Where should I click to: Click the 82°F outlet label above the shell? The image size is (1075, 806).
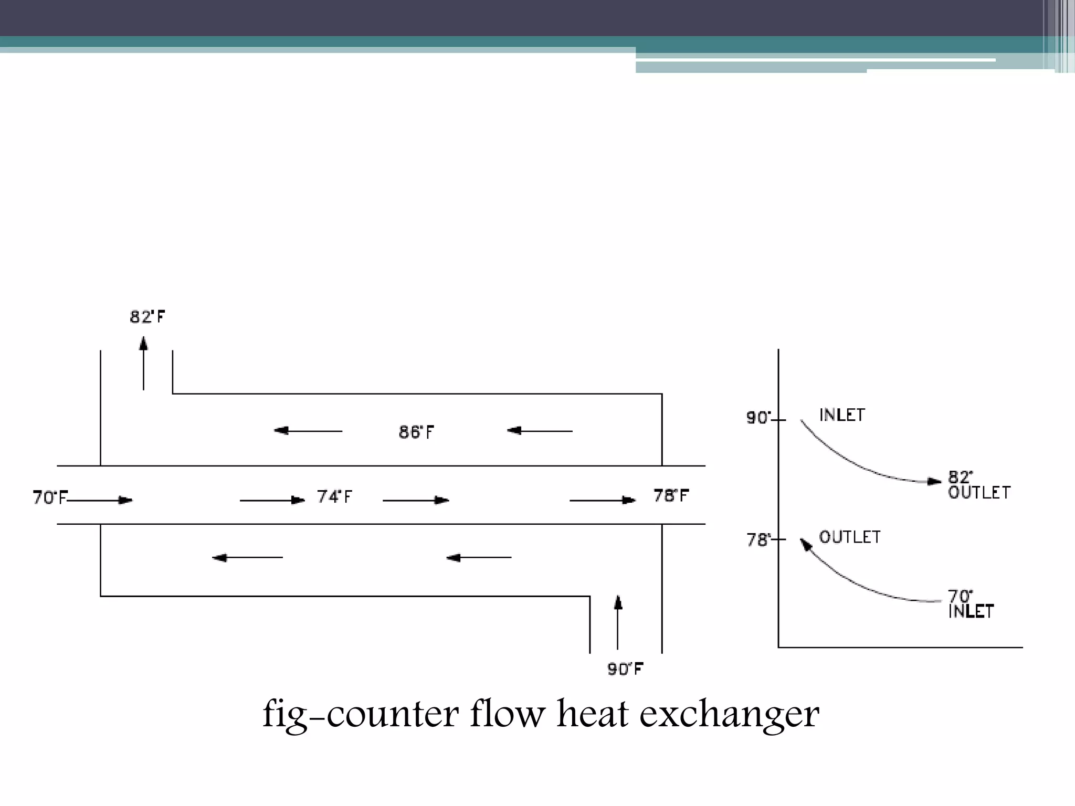[x=147, y=317]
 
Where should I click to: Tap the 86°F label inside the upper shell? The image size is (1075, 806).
[x=416, y=432]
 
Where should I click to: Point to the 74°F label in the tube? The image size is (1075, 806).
[x=334, y=496]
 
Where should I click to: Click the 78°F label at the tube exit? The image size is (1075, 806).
[x=671, y=495]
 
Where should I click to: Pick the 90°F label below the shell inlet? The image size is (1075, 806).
[x=625, y=669]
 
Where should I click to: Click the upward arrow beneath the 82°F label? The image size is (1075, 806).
[x=143, y=363]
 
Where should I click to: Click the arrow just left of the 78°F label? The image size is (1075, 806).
[x=603, y=500]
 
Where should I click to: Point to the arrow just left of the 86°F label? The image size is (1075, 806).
[x=308, y=431]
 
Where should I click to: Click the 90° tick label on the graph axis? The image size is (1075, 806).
[x=759, y=418]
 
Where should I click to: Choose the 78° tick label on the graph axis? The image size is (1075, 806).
[x=759, y=540]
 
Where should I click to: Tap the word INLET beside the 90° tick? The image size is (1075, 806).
[x=842, y=415]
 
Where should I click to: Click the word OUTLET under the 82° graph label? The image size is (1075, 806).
[x=979, y=493]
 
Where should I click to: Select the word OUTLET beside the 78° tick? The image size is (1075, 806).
[x=850, y=537]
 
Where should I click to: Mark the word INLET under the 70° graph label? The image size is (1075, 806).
[x=971, y=611]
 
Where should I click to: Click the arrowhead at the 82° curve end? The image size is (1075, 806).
[x=935, y=481]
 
